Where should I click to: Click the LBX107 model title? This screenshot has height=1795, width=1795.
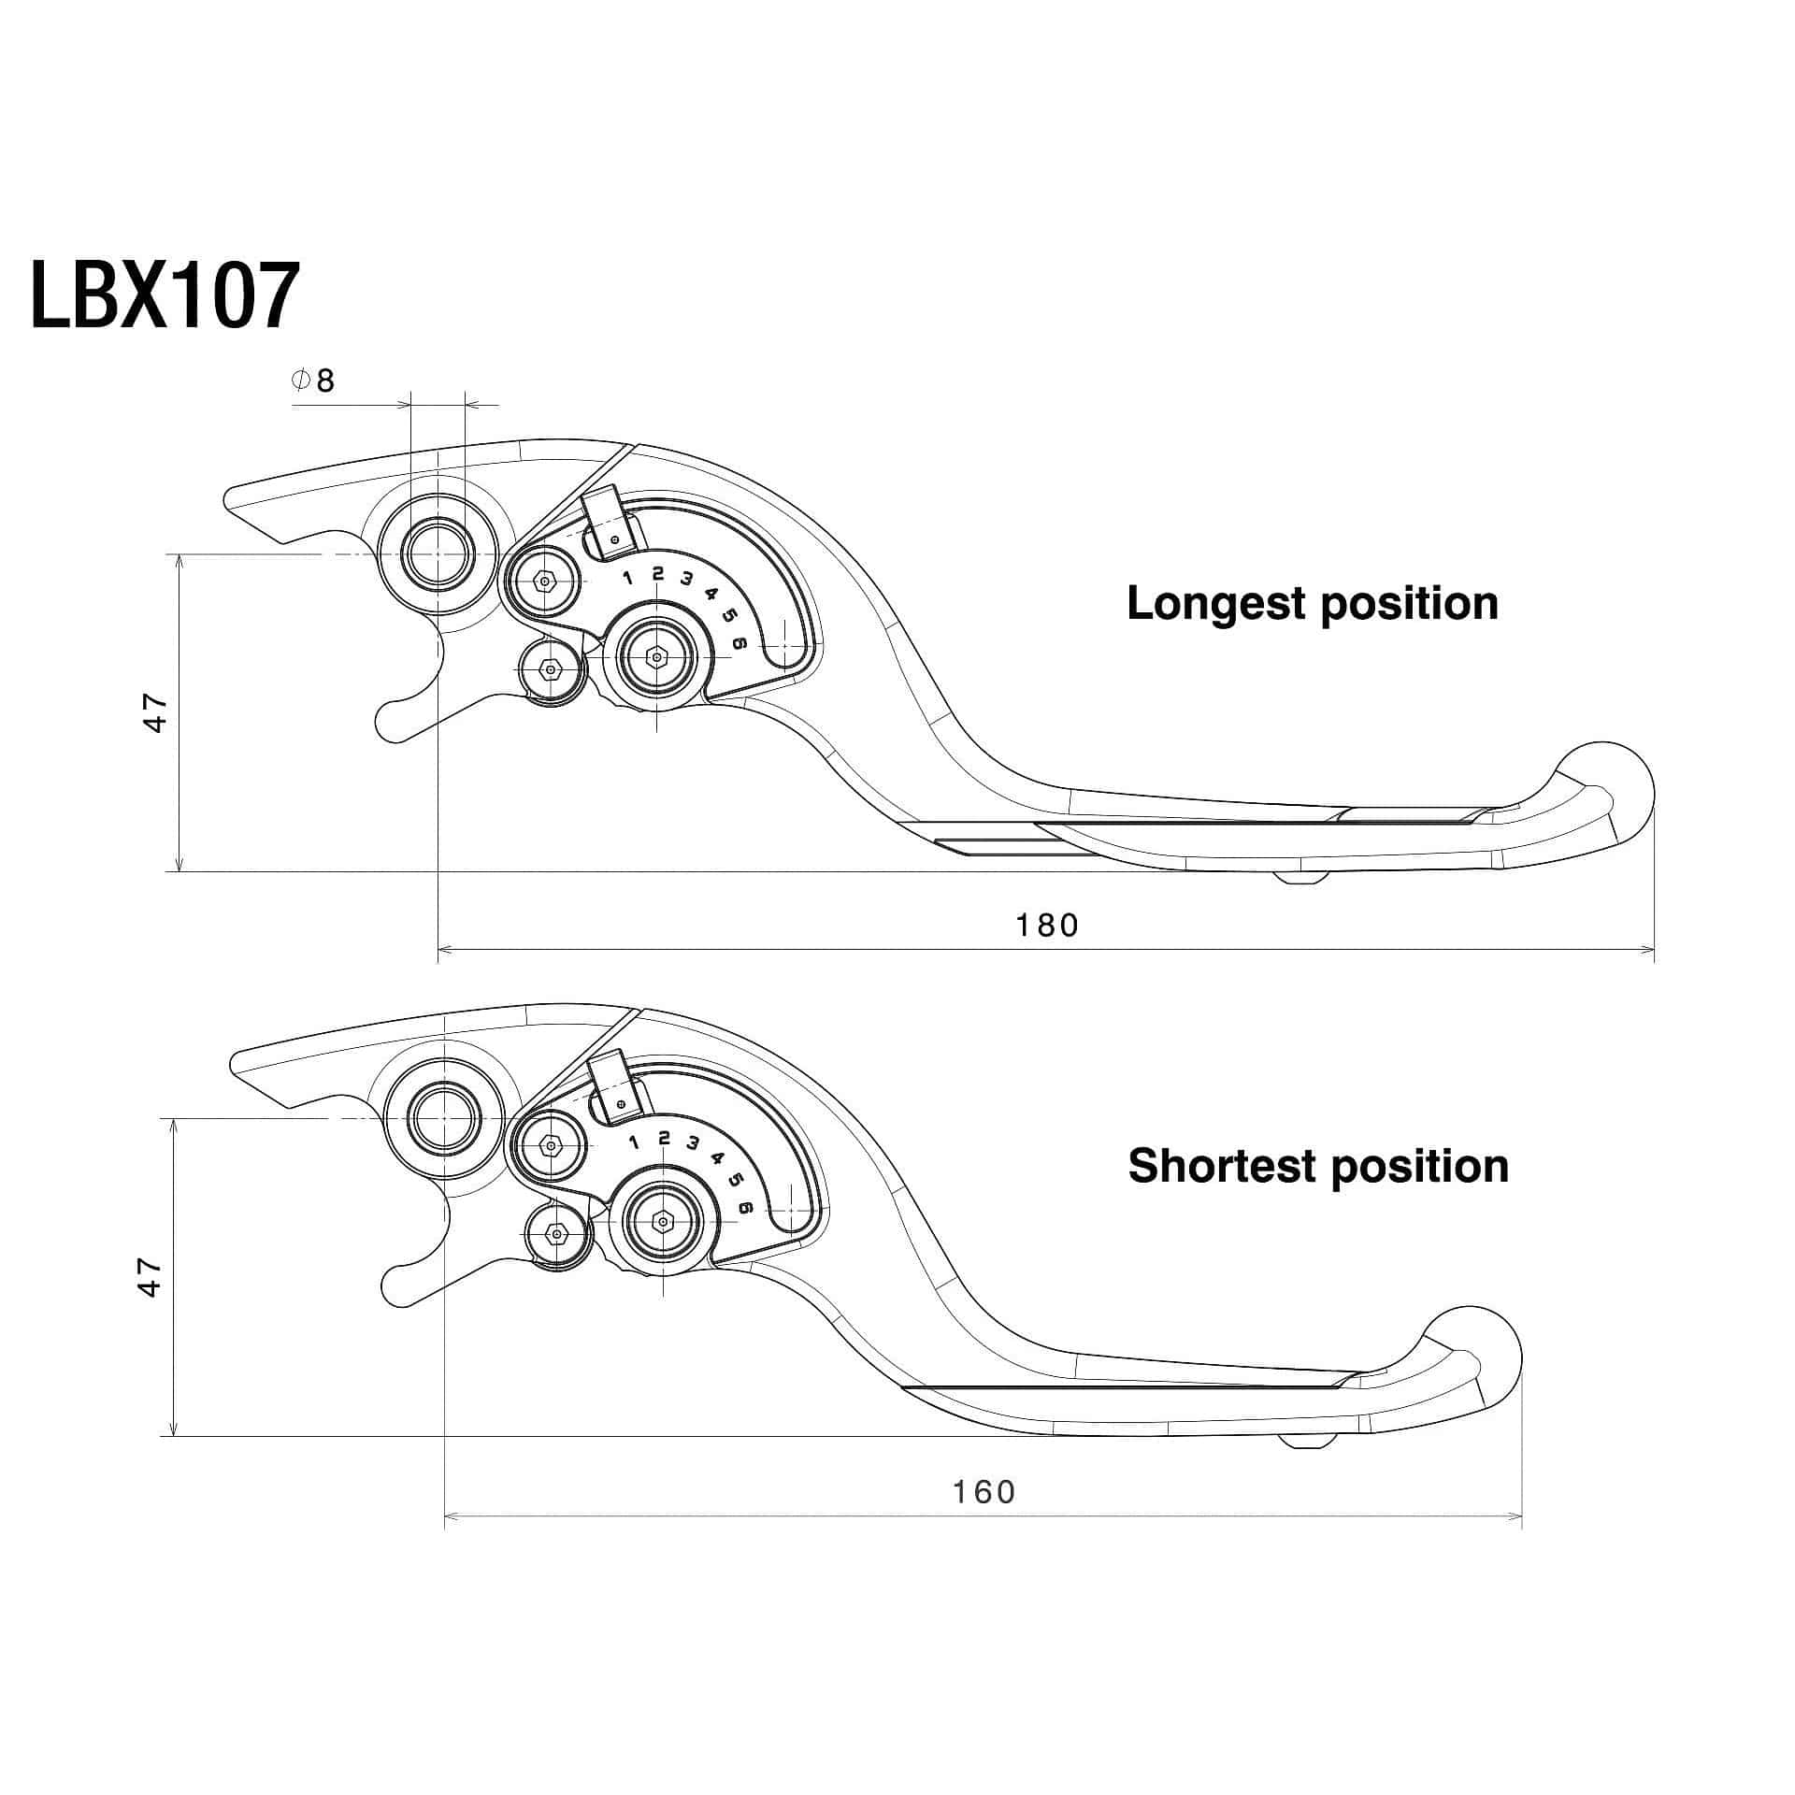(165, 294)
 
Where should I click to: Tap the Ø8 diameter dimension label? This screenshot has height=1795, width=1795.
(314, 381)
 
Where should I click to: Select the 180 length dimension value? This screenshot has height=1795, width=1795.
(1047, 925)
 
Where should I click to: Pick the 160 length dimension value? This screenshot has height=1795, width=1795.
(984, 1491)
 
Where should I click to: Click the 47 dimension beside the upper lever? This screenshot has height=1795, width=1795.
(155, 712)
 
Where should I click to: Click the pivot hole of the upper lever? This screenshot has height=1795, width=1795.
(437, 554)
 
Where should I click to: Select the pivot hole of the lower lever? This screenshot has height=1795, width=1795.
(444, 1118)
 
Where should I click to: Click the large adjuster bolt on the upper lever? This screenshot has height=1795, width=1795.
(657, 657)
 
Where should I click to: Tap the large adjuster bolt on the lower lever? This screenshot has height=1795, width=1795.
(663, 1221)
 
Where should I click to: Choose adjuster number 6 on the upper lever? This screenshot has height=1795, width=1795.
(740, 643)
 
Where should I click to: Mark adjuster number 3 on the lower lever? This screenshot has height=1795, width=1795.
(693, 1142)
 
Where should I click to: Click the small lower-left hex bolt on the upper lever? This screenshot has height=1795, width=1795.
(551, 669)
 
